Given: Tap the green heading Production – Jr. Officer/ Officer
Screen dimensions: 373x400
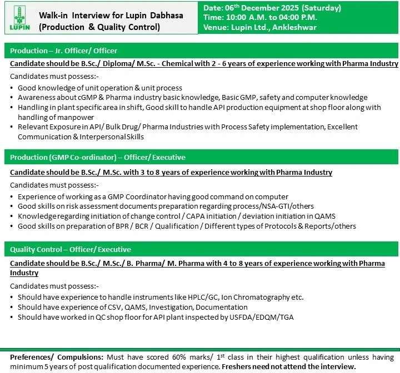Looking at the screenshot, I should pos(64,51).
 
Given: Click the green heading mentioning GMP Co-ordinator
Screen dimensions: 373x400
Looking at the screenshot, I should pos(98,157).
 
